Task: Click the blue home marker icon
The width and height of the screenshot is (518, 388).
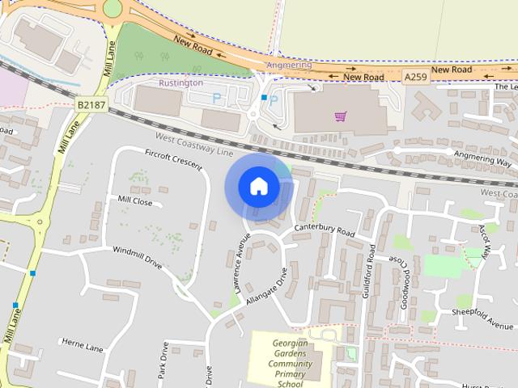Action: tap(258, 187)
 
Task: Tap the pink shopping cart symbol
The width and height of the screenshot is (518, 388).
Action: tap(341, 116)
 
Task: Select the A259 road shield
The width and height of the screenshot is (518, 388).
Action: tap(414, 76)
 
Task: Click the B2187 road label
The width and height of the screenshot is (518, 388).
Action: tap(92, 105)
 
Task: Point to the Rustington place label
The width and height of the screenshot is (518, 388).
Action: tap(180, 82)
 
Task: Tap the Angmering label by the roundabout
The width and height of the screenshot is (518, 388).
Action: tap(288, 65)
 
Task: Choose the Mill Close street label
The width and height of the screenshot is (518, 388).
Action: tap(134, 200)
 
